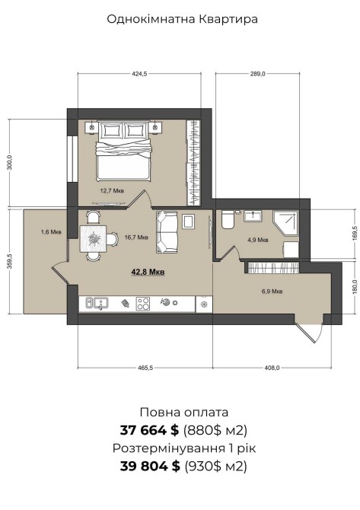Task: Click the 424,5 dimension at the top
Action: [x=139, y=74]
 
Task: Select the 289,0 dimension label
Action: [x=257, y=74]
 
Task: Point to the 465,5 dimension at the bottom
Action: [x=145, y=368]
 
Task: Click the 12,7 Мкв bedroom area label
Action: [x=112, y=191]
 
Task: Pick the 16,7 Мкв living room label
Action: [x=136, y=237]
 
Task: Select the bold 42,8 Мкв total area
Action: [x=148, y=272]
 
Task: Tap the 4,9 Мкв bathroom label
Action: [x=257, y=240]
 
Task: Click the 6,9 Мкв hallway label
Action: [x=272, y=291]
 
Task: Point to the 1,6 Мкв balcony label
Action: [x=51, y=232]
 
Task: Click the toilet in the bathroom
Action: [x=227, y=219]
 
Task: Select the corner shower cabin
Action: [x=285, y=224]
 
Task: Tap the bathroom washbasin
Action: [x=253, y=216]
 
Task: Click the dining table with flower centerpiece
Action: [x=94, y=239]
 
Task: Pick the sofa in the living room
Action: [x=167, y=231]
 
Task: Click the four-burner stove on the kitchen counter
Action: [x=143, y=304]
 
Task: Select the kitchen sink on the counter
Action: [x=97, y=304]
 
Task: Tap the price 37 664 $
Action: [x=149, y=431]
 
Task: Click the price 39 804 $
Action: [x=150, y=466]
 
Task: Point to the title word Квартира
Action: [x=228, y=19]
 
